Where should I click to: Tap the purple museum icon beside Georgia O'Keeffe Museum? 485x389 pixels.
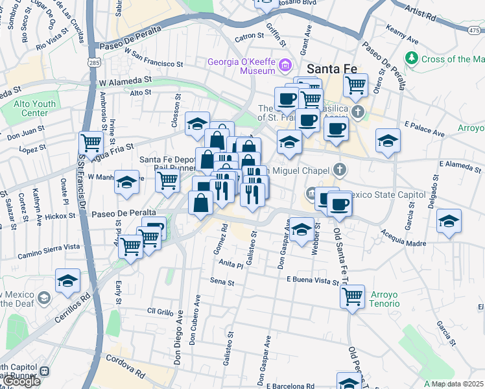click(284, 65)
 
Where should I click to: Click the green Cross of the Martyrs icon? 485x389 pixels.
click(411, 59)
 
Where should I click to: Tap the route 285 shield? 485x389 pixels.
click(95, 63)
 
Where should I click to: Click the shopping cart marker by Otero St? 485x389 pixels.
click(355, 84)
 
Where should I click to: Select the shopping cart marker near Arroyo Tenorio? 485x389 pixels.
click(352, 296)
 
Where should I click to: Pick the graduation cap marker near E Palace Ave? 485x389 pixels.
click(388, 140)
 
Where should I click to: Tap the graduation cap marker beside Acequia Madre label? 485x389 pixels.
click(449, 221)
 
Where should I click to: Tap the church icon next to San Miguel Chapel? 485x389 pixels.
click(340, 170)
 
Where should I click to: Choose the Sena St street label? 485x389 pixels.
click(222, 281)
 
